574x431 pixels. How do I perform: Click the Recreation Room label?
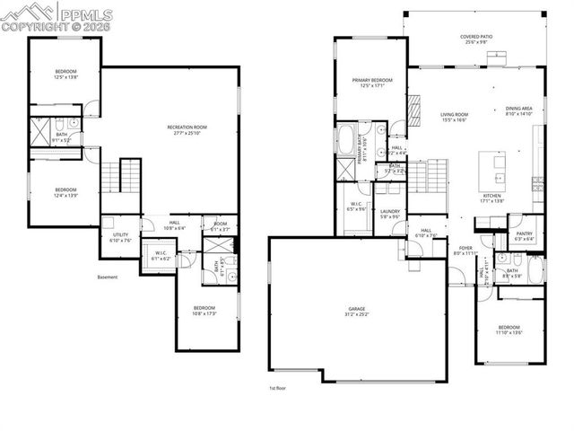187,127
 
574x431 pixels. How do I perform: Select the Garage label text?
357,309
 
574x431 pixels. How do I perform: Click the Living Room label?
454,114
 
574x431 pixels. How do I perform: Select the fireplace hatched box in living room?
415,109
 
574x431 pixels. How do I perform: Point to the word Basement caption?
107,277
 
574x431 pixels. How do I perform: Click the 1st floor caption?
278,388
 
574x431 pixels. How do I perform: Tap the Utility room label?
120,235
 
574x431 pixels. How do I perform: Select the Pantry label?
525,233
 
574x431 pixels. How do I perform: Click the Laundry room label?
389,212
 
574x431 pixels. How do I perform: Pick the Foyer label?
466,248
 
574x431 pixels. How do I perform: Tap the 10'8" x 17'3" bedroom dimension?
204,313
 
